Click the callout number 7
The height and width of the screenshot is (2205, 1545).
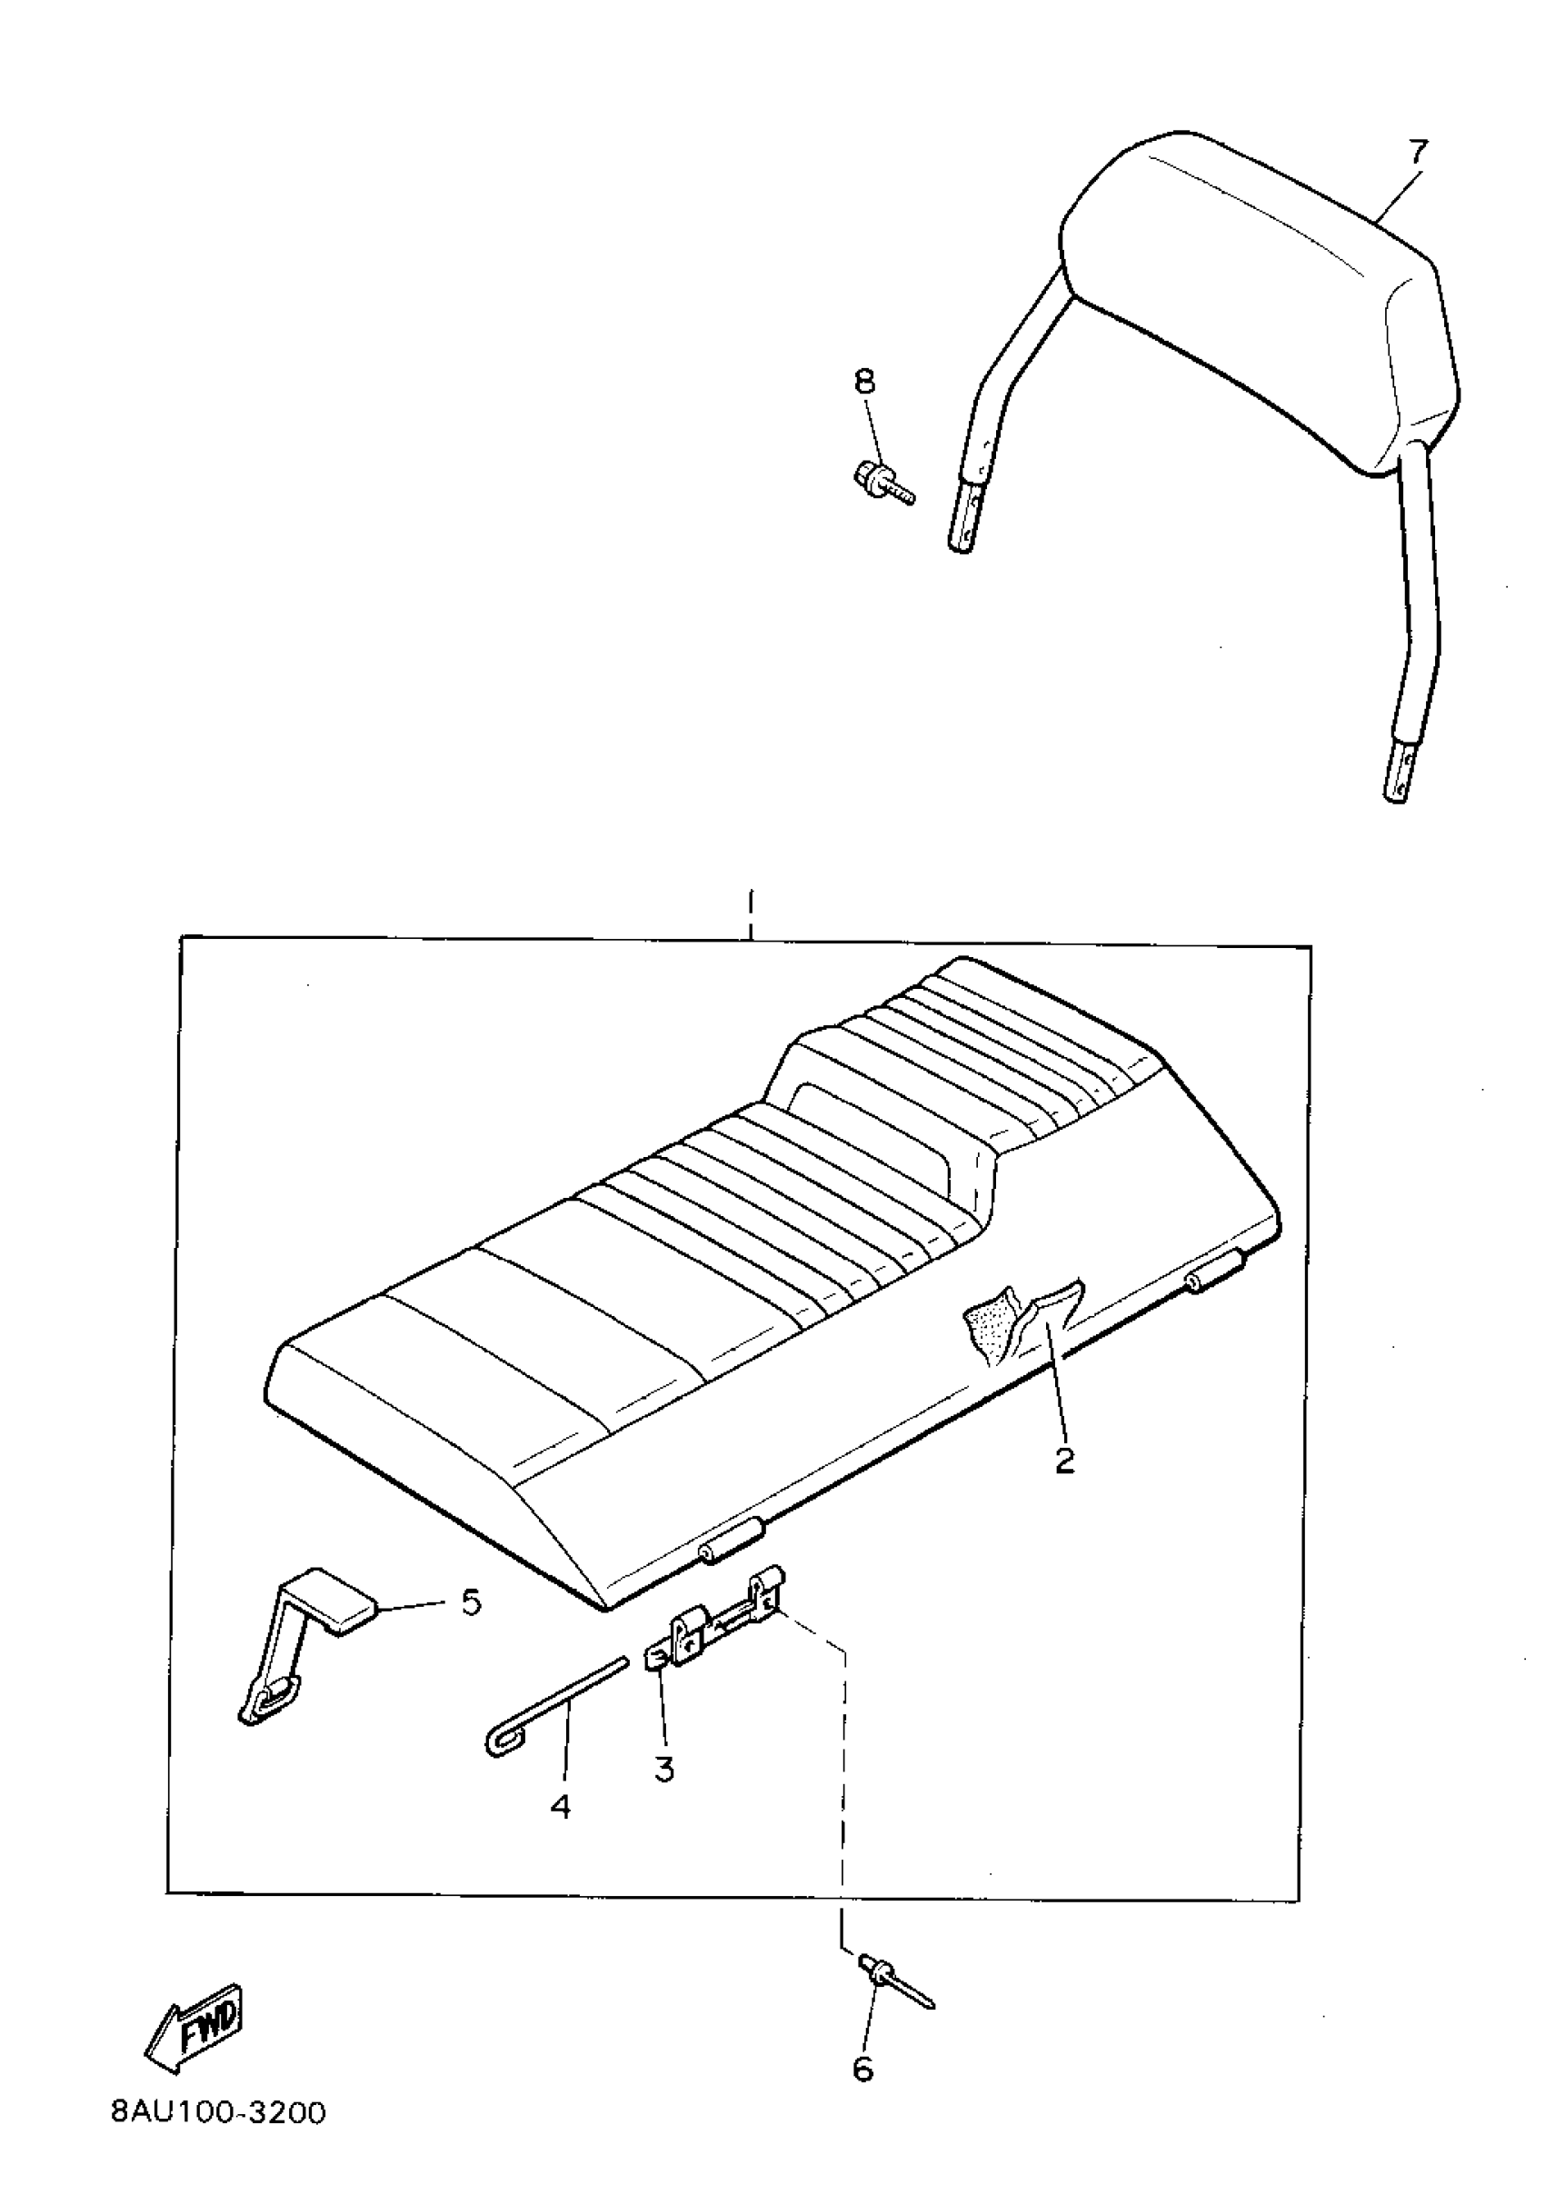pyautogui.click(x=1417, y=152)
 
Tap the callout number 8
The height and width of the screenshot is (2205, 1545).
pyautogui.click(x=864, y=383)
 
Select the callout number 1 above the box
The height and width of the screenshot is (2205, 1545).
pyautogui.click(x=750, y=906)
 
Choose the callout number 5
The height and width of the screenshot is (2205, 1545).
pyautogui.click(x=471, y=1601)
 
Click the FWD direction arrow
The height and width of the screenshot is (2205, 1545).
pyautogui.click(x=194, y=2025)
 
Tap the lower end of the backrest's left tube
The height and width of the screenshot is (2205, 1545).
pyautogui.click(x=966, y=524)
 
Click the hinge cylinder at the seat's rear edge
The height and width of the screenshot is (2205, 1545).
pyautogui.click(x=1216, y=1275)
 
